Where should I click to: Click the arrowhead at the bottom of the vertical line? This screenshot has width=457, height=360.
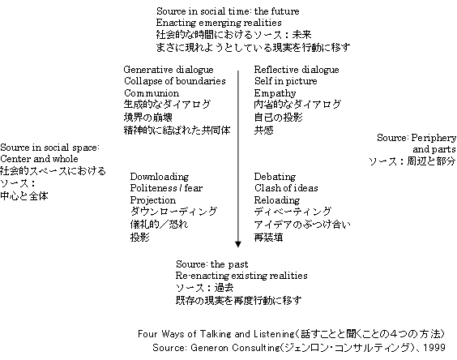(238, 244)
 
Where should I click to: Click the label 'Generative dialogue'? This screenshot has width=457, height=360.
(169, 70)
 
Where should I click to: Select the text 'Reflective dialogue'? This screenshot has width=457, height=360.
(297, 70)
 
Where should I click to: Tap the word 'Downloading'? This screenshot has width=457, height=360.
(160, 177)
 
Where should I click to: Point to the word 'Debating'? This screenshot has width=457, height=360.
(275, 177)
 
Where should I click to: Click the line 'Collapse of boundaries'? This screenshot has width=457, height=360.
(175, 81)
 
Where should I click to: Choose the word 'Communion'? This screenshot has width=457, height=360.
(152, 93)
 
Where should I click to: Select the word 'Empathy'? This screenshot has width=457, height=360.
(275, 93)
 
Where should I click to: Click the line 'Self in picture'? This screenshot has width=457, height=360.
(285, 81)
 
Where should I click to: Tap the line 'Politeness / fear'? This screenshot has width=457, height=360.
(166, 188)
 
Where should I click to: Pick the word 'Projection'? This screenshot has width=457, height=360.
(153, 200)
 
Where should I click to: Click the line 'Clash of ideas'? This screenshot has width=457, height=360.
(286, 188)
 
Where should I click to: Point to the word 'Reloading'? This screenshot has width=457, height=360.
(277, 200)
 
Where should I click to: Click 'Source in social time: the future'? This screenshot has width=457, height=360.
(228, 11)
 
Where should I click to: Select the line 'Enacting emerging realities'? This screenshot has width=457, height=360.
(219, 23)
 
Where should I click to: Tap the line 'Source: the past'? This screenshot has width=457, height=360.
(212, 264)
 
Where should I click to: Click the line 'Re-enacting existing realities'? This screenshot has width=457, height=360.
(241, 276)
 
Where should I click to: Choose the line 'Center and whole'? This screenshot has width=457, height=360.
(40, 159)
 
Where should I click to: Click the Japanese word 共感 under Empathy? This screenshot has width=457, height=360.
(264, 130)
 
